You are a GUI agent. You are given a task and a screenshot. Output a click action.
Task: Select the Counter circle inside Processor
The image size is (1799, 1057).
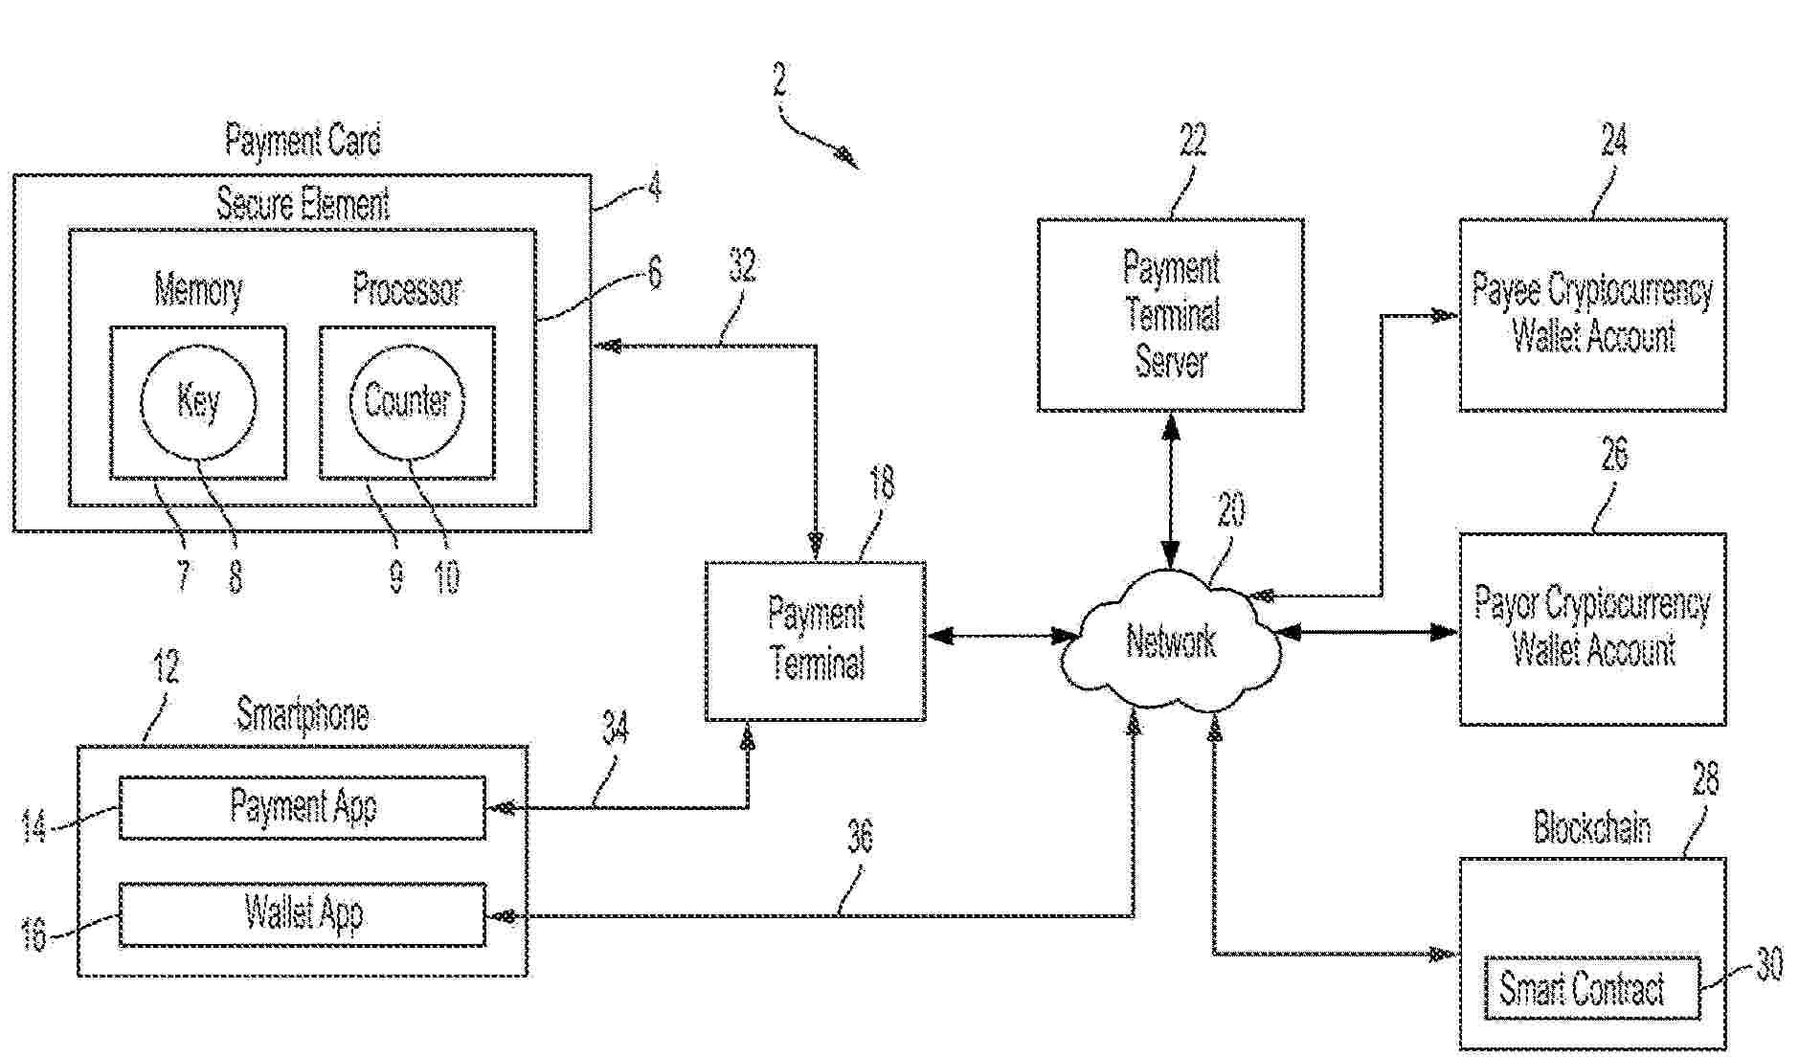pos(407,401)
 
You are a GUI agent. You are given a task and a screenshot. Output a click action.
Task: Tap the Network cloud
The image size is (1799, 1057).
pos(1171,641)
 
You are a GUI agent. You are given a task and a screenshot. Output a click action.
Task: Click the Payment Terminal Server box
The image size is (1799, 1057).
pos(1170,315)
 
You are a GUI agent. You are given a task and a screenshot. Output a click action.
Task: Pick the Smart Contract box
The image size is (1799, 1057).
pos(1591,988)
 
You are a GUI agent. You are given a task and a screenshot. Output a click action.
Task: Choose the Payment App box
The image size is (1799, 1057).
pos(302,808)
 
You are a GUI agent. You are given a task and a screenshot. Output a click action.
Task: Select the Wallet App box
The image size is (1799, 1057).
pos(302,914)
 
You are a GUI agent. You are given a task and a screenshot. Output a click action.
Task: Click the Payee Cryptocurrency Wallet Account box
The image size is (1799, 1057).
pos(1592,315)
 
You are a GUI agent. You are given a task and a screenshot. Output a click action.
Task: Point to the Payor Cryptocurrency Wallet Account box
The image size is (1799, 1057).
pos(1592,629)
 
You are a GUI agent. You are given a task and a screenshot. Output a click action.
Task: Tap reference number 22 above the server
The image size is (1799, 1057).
pos(1193,141)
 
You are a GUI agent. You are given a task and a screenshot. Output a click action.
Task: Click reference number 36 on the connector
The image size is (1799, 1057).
pos(860,838)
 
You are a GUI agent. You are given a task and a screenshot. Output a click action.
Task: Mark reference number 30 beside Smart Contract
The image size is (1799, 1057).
pos(1769,964)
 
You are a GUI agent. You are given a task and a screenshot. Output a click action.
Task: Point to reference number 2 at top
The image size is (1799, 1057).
pos(779,80)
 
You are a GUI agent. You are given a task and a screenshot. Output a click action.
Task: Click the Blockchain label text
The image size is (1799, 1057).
pos(1591,826)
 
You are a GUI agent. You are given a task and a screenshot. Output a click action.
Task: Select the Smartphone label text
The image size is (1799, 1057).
pos(302,714)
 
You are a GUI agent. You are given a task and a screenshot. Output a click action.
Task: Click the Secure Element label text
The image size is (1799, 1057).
pos(302,204)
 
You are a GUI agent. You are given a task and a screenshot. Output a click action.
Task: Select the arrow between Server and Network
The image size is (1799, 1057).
pos(1171,490)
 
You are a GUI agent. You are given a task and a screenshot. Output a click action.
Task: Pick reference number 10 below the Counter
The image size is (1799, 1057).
pos(447,576)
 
